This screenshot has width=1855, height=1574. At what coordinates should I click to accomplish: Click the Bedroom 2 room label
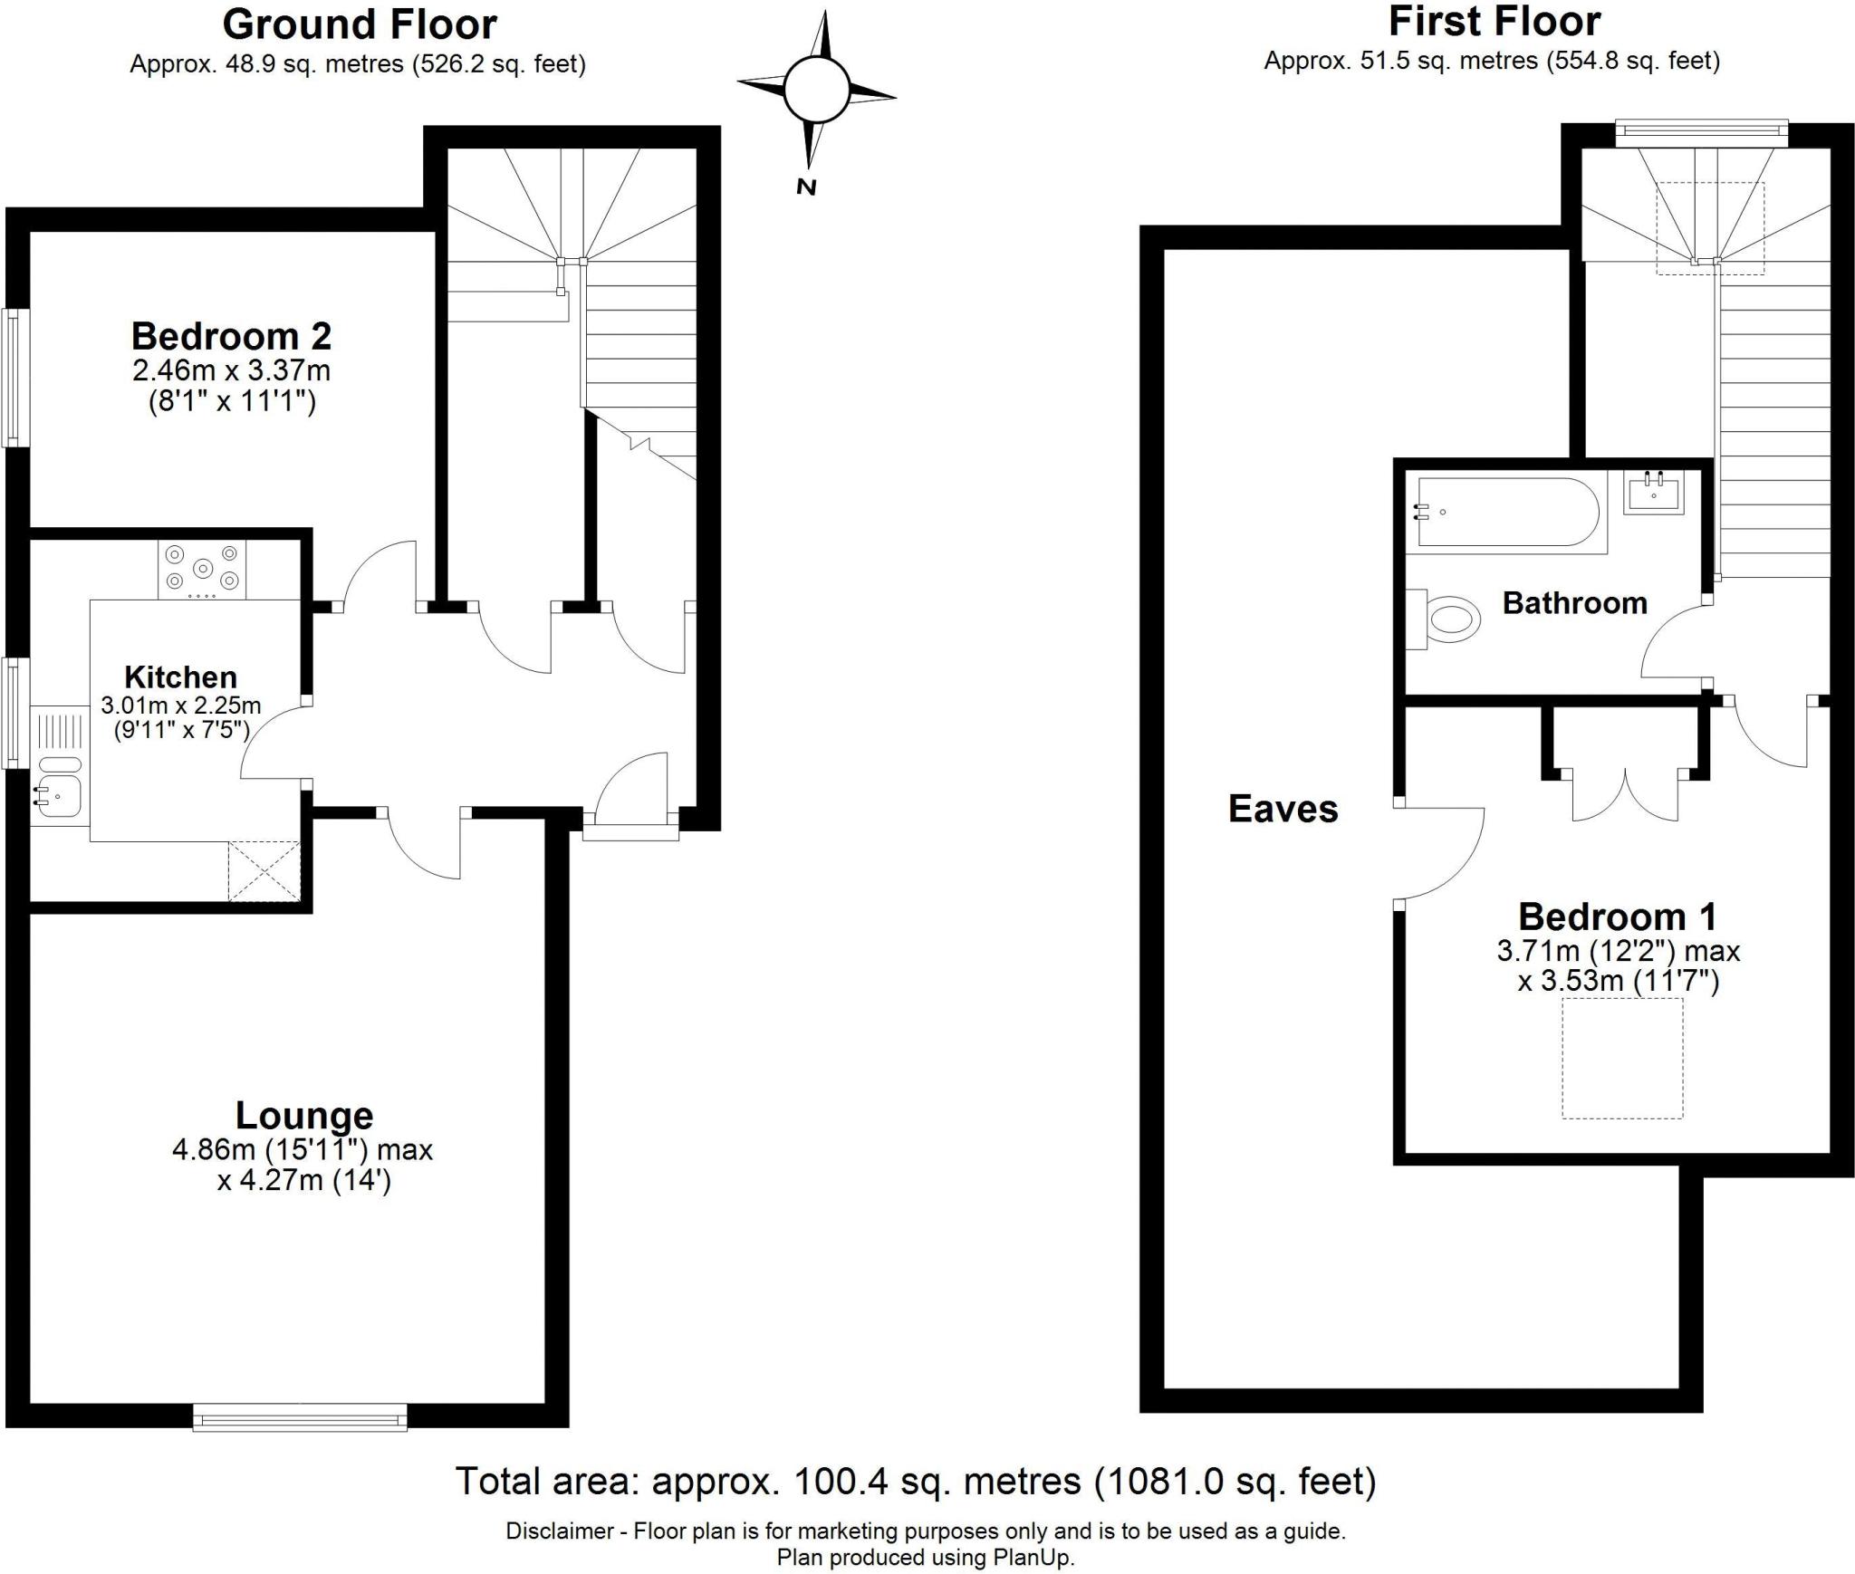click(232, 336)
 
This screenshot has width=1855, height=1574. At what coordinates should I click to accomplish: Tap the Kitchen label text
click(180, 677)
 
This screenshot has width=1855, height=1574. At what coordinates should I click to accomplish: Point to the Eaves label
click(1283, 809)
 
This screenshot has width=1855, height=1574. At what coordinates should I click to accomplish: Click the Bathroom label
click(1574, 603)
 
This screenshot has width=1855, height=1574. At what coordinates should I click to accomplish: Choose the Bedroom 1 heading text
click(1617, 917)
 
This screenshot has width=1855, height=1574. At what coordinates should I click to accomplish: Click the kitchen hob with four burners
click(203, 570)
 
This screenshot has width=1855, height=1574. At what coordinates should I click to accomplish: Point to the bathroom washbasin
click(1654, 494)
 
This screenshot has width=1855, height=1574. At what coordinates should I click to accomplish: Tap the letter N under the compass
click(805, 187)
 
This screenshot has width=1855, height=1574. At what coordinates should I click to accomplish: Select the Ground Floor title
click(360, 24)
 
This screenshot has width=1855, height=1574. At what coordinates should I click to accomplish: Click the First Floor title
click(1495, 21)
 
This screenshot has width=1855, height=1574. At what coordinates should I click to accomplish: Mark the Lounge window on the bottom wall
click(300, 1417)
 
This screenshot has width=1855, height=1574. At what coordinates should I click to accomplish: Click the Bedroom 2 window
click(15, 378)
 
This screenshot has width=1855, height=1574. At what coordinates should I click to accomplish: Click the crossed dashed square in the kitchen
click(264, 870)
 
